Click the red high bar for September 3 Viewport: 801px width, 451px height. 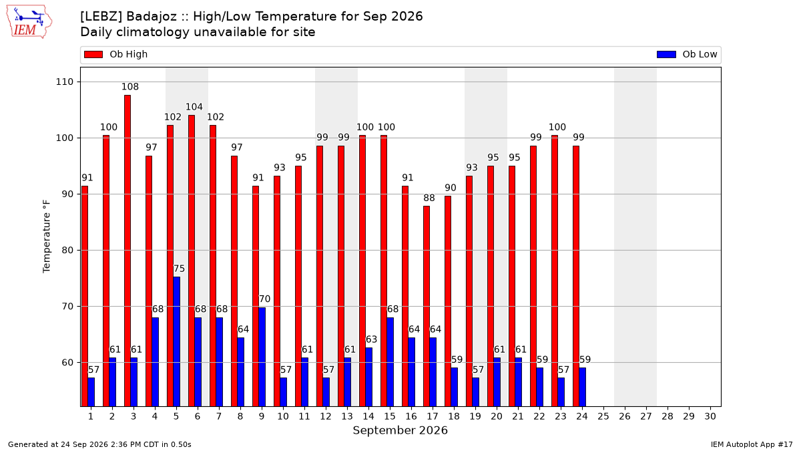coord(127,251)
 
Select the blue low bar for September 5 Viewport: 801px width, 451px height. coord(177,341)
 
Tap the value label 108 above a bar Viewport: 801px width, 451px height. coord(129,87)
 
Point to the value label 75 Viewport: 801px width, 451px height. coord(179,269)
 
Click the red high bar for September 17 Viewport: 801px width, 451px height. coord(427,306)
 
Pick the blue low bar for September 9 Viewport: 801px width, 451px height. coord(262,357)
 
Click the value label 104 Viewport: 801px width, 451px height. coord(194,107)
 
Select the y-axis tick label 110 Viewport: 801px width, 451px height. coord(64,82)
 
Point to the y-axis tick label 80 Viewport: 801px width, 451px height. coord(67,250)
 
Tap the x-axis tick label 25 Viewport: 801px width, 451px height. coord(603,416)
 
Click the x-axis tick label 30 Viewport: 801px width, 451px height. coord(710,416)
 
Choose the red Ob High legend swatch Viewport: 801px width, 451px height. coord(93,54)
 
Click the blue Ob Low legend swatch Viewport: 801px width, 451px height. coord(667,54)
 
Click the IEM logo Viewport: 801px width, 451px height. coord(29,22)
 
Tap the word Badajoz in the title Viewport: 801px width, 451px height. coord(152,17)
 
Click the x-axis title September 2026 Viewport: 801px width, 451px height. coord(400,430)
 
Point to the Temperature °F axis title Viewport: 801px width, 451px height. coord(47,237)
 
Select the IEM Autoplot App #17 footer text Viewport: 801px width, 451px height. coord(752,444)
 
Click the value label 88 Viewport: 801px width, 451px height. coord(429,198)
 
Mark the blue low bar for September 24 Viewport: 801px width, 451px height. coord(583,388)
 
